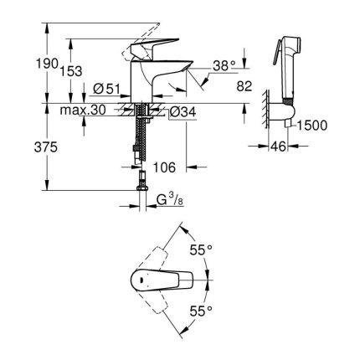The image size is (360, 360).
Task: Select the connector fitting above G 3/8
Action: click(142, 180)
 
